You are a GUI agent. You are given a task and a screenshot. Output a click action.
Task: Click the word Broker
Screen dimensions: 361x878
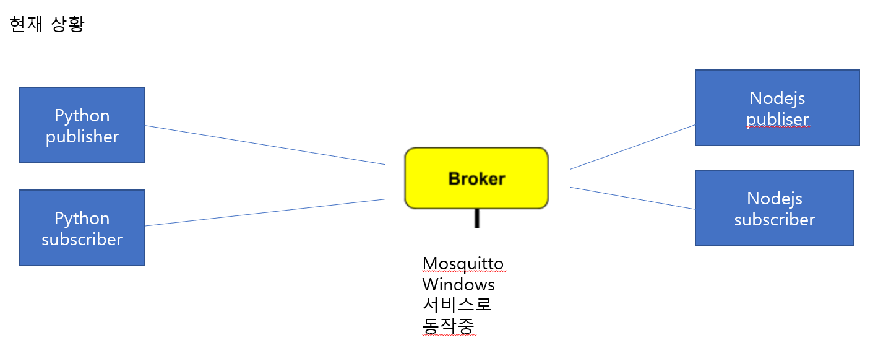[476, 179]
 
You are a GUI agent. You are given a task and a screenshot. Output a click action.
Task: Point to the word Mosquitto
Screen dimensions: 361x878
[463, 264]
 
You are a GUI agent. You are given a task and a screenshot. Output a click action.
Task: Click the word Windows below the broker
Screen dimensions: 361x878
[458, 285]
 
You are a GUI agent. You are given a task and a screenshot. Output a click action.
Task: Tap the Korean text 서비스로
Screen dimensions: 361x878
[457, 305]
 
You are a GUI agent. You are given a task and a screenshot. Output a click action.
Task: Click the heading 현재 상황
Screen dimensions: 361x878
[47, 25]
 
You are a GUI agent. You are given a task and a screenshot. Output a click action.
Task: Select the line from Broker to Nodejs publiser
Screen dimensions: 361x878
[632, 147]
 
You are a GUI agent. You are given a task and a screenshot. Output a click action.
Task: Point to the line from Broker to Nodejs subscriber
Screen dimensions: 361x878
[632, 198]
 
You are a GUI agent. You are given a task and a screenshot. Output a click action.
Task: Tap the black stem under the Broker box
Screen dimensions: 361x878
[476, 218]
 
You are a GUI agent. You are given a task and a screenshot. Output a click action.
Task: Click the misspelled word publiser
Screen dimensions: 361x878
[777, 119]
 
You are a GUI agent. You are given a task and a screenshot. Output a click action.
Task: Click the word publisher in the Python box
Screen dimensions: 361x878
[82, 137]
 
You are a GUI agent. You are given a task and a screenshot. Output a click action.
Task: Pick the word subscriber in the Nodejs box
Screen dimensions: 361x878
[774, 220]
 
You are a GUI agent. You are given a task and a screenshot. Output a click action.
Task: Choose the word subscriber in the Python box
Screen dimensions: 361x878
[82, 240]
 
